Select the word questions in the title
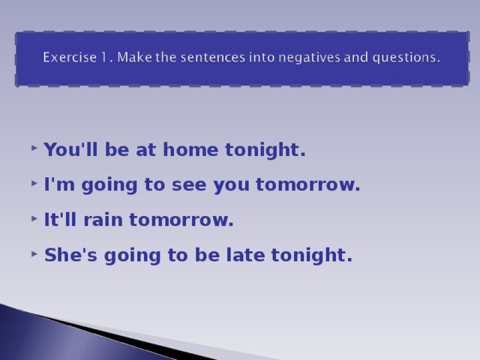(400, 57)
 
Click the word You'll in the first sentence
(66, 150)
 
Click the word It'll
(61, 220)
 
